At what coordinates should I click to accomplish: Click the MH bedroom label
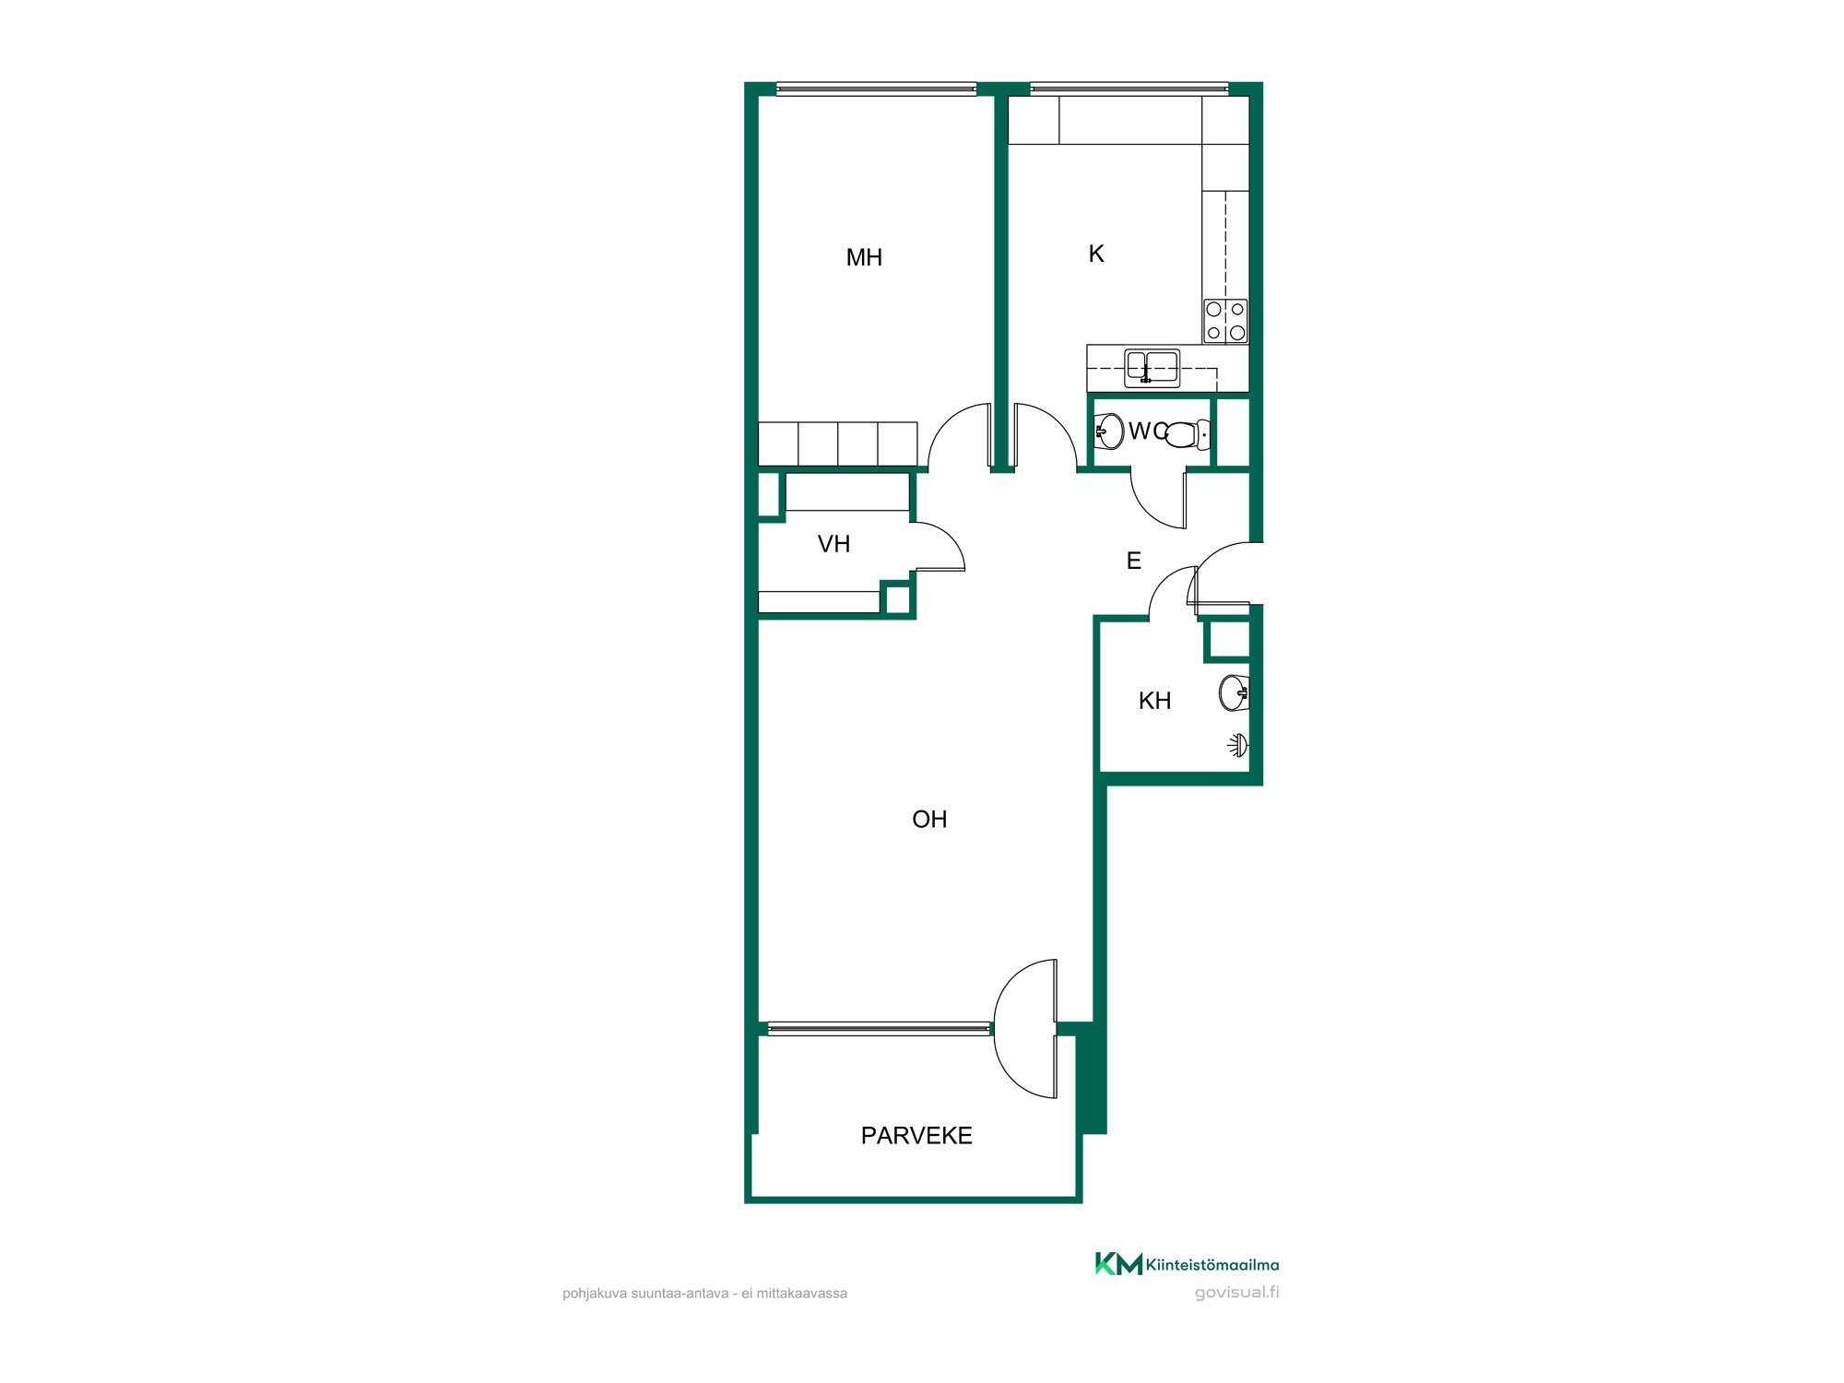(864, 257)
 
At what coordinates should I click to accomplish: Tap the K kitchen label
(1096, 254)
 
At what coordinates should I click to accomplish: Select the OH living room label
(929, 820)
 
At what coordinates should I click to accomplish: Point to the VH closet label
(833, 544)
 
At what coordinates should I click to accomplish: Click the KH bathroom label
(1154, 701)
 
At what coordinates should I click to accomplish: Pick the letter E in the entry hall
(1134, 561)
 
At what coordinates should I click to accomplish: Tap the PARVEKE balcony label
(916, 1136)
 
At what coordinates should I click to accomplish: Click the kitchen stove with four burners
(1225, 321)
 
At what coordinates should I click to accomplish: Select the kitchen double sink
(1152, 368)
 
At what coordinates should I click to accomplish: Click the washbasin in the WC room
(1109, 431)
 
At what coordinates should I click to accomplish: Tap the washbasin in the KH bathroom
(1235, 693)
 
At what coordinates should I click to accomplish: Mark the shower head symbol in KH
(1238, 745)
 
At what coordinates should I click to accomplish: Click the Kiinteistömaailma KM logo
(1118, 1264)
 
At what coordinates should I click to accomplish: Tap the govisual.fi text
(1236, 1293)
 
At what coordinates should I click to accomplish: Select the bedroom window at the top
(877, 89)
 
